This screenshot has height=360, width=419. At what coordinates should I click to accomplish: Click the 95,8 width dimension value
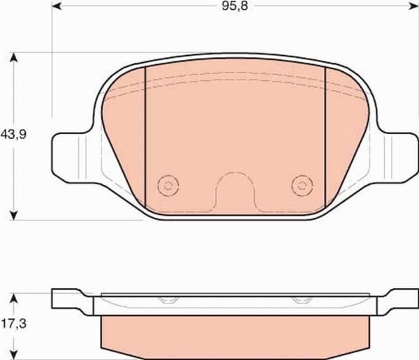coord(235,6)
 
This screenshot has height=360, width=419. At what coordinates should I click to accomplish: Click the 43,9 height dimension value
coord(13,135)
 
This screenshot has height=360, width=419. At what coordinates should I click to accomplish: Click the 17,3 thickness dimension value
coord(14,324)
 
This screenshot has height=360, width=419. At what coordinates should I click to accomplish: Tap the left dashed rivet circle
coord(168,186)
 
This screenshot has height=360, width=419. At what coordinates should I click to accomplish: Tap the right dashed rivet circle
coord(302,186)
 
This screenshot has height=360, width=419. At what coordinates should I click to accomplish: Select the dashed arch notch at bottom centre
coord(235,173)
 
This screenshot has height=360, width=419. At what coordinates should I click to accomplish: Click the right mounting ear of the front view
coord(397,158)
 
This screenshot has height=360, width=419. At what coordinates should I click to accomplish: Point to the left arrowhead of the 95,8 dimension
coord(57,6)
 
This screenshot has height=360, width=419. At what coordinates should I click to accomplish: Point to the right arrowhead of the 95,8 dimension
coord(413,6)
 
